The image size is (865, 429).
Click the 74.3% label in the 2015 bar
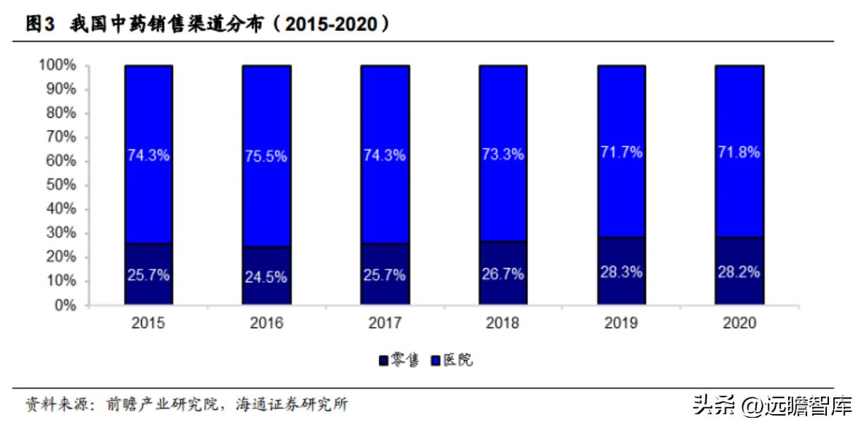(x=148, y=156)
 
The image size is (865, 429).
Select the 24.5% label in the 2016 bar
(x=266, y=277)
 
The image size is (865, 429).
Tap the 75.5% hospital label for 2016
(x=266, y=156)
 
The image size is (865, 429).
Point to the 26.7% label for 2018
(x=503, y=274)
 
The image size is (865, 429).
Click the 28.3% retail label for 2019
(x=621, y=272)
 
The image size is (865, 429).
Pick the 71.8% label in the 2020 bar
(x=739, y=152)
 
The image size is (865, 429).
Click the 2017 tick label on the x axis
(x=385, y=323)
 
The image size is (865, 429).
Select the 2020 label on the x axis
(x=739, y=323)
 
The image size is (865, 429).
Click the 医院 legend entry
(x=452, y=361)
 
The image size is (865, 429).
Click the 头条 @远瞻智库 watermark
(x=772, y=406)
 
